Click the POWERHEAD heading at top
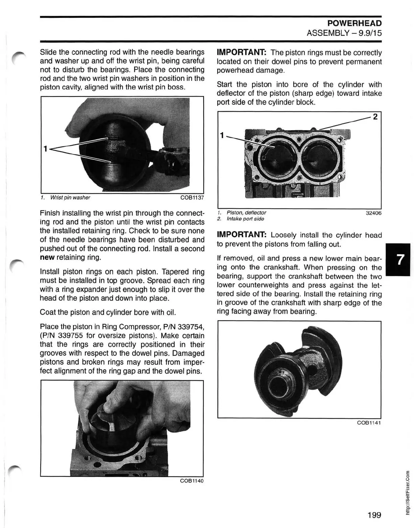(x=354, y=23)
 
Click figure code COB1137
(x=193, y=198)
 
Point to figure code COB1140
(x=193, y=481)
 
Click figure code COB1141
(x=369, y=423)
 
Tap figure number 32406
(x=374, y=213)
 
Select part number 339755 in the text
(x=71, y=335)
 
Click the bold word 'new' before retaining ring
(x=47, y=257)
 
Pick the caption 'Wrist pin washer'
(x=70, y=198)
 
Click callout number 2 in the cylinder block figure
(x=375, y=117)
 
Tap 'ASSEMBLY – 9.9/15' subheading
(x=344, y=33)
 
